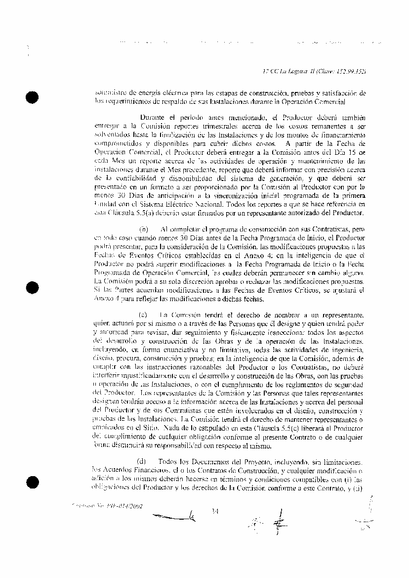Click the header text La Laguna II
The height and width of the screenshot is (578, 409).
pos(298,71)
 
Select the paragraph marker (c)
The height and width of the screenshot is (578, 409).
pos(143,314)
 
